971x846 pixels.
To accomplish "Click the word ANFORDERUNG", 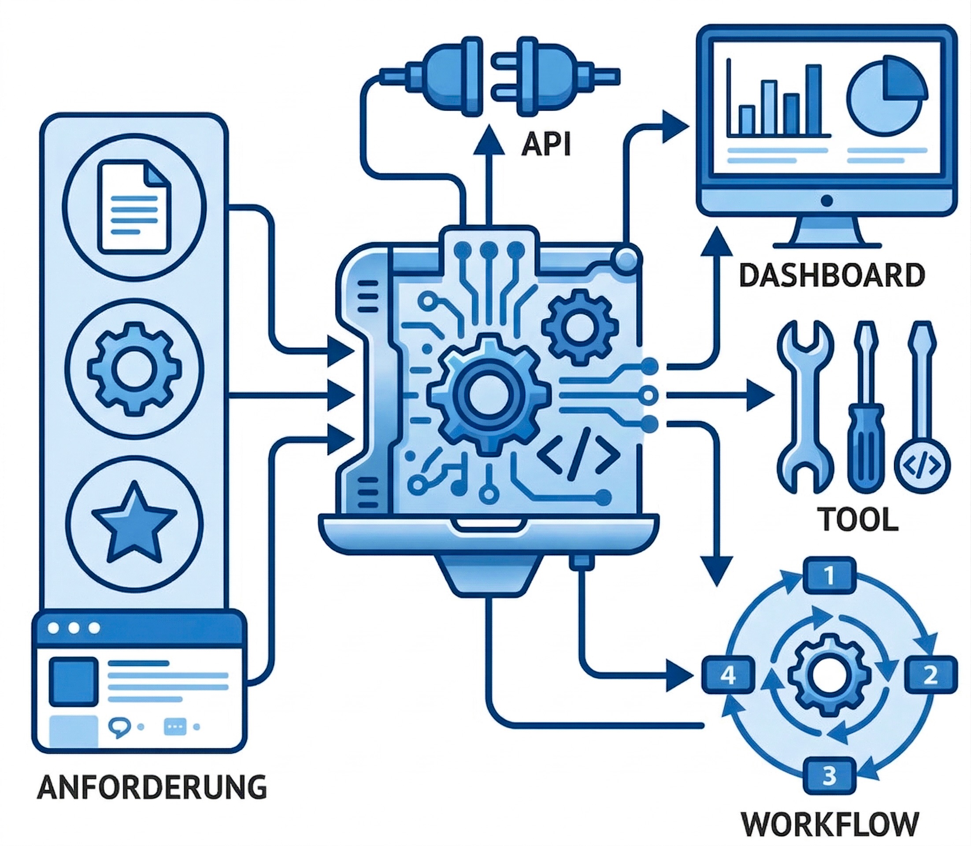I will tap(152, 786).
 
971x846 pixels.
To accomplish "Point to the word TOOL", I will tap(858, 519).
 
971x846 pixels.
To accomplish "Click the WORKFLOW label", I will tap(830, 824).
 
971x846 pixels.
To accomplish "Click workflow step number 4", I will tap(727, 676).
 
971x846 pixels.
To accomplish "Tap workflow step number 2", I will tap(930, 676).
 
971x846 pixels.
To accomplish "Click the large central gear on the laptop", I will tap(489, 395).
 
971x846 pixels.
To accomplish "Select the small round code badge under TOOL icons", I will tap(922, 466).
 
